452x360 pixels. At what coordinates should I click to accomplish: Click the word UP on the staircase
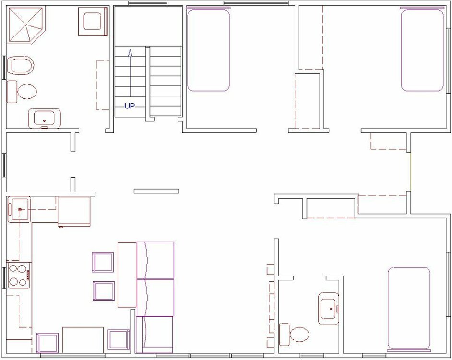point(130,106)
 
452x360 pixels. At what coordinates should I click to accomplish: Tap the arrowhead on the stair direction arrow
point(130,53)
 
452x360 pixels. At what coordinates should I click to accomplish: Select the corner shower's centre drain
point(25,25)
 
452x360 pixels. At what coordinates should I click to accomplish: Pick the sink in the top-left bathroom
point(45,118)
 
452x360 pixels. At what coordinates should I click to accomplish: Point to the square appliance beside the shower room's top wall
point(93,21)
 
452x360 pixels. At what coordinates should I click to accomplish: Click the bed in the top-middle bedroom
point(208,49)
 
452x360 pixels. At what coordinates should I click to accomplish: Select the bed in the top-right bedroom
point(422,49)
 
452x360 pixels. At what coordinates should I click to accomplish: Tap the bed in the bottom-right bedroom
point(409,309)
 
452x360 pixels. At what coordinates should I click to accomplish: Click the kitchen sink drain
point(20,209)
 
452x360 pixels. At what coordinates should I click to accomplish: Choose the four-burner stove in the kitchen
point(19,275)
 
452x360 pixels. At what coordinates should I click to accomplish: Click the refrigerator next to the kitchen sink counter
point(74,212)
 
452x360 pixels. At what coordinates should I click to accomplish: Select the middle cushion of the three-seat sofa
point(155,298)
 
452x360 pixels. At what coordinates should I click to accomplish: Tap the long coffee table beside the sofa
point(127,275)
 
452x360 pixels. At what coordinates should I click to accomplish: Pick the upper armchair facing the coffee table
point(103,262)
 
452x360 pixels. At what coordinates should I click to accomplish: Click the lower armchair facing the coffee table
point(104,291)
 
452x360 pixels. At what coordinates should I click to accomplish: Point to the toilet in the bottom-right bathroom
point(294,335)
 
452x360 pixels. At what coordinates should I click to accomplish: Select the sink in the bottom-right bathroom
point(329,309)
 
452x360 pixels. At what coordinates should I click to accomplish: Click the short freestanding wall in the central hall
point(156,191)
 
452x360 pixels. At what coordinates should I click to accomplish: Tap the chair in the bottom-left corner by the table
point(48,343)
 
